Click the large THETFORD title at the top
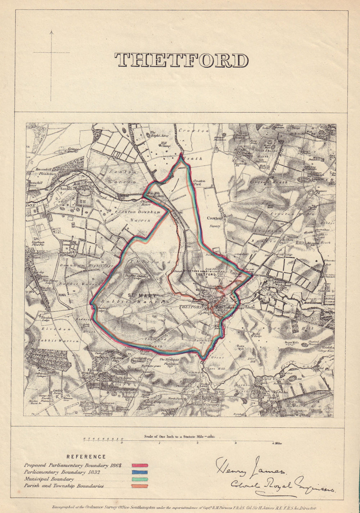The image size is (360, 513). (181, 60)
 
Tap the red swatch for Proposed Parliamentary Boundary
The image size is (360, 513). (140, 465)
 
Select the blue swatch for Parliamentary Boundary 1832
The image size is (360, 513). (140, 472)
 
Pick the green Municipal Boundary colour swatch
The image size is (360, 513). (140, 479)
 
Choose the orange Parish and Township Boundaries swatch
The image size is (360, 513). (140, 486)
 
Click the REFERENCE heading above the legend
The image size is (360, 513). (86, 457)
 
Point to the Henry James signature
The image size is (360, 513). (250, 468)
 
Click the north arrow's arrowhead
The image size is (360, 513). (51, 32)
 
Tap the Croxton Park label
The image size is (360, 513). (199, 182)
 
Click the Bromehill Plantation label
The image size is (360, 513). (45, 171)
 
